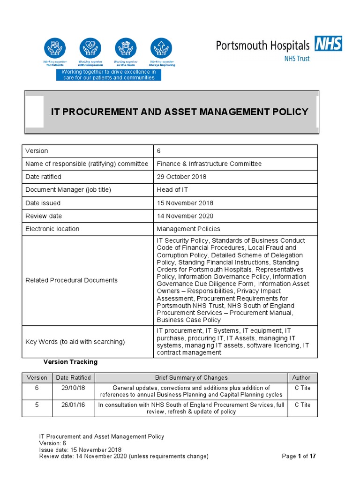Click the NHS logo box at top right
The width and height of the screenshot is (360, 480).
point(328,44)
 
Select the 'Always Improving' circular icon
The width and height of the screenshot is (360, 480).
point(161,49)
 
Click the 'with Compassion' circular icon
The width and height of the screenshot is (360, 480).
point(90,49)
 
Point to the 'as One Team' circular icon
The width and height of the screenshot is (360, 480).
point(126,49)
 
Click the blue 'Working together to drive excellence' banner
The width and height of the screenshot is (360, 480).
point(109,75)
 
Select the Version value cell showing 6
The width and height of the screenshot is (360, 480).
point(159,151)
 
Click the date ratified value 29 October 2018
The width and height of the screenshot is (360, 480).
point(181,177)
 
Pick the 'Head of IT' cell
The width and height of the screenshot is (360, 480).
point(172,190)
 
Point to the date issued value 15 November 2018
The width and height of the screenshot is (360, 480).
point(185,203)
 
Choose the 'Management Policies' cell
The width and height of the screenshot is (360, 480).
point(188,229)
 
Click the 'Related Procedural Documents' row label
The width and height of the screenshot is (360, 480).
point(71,280)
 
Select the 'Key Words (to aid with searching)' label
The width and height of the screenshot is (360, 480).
point(75,342)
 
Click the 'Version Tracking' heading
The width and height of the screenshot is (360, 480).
point(70,362)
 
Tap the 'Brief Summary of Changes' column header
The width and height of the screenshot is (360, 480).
point(191,378)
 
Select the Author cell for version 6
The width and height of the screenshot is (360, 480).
point(302,388)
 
